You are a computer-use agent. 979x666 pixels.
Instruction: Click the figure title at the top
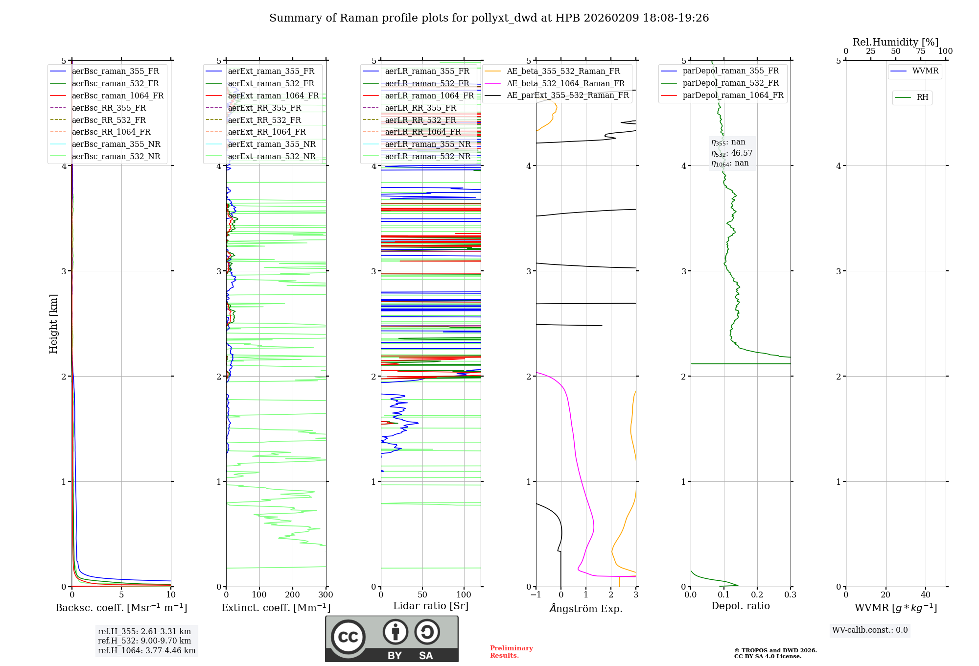point(489,18)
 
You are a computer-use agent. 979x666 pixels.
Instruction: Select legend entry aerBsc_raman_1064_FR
point(117,95)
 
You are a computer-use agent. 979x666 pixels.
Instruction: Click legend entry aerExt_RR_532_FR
point(264,120)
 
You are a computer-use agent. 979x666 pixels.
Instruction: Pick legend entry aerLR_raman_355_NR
point(427,144)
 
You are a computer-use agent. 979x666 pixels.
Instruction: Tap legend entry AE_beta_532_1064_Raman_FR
point(565,83)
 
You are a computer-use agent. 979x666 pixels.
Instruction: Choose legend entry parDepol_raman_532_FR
point(730,83)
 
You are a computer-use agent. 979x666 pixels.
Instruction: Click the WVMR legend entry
point(925,71)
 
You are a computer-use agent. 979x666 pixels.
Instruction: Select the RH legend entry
point(922,97)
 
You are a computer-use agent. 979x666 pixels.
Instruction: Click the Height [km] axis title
point(53,324)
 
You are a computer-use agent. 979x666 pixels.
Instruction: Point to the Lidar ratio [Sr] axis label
point(431,606)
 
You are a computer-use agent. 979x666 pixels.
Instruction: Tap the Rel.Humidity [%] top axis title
point(895,42)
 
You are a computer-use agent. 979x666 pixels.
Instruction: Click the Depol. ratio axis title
point(740,606)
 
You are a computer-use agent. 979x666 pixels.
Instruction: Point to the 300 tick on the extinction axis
point(326,595)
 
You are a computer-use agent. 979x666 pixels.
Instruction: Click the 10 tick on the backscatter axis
point(170,595)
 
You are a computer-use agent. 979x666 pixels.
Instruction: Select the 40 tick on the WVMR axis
point(925,595)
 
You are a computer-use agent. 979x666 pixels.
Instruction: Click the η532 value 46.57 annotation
point(732,153)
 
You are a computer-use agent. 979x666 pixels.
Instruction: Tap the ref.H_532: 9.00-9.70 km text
point(144,641)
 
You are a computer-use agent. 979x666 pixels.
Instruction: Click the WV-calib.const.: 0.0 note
point(870,630)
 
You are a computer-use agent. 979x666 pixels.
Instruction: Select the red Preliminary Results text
point(511,652)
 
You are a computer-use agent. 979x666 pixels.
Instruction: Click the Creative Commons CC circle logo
point(348,637)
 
